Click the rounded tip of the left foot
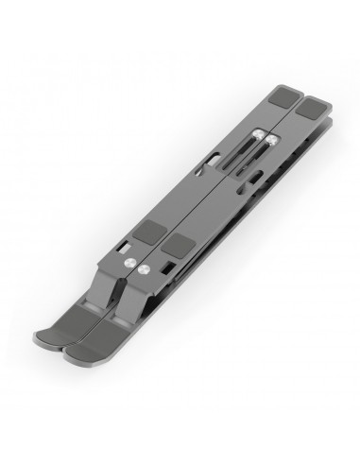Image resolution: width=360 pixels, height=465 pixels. [x=54, y=346]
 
